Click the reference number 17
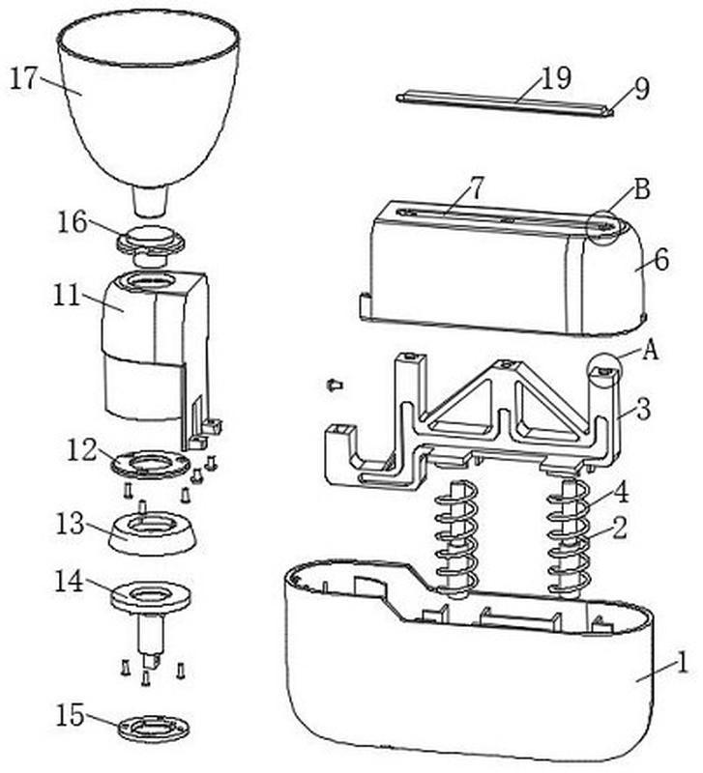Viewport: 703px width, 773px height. [x=23, y=78]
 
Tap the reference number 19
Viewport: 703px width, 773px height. [x=556, y=77]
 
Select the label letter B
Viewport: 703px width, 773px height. [x=641, y=189]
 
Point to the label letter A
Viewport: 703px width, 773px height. [x=651, y=351]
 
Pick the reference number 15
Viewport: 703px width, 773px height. [x=70, y=715]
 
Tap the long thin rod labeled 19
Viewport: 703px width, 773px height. [x=504, y=103]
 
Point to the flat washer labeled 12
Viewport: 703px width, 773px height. [x=150, y=464]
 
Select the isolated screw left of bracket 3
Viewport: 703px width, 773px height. [x=335, y=384]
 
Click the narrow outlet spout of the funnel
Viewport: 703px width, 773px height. [x=151, y=201]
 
